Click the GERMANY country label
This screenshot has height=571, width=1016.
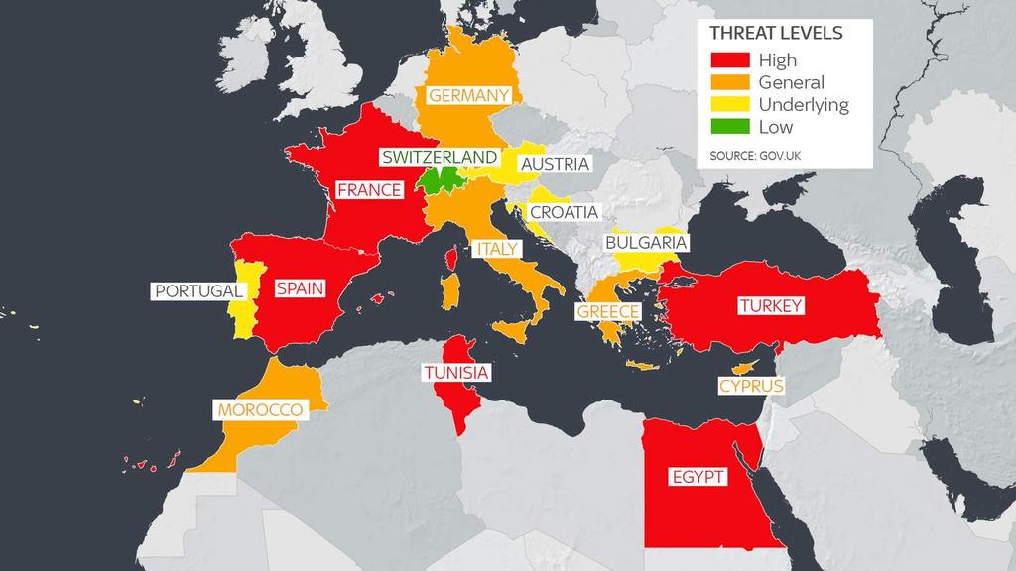click(x=469, y=95)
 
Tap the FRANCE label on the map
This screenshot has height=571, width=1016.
click(x=369, y=190)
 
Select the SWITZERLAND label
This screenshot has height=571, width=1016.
click(x=440, y=158)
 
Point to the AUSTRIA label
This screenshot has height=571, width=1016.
click(x=555, y=164)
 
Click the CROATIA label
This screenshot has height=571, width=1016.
click(x=564, y=212)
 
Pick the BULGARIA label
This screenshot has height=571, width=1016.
click(x=646, y=243)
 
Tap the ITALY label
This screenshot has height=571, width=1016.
click(x=496, y=249)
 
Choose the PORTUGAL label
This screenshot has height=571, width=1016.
click(x=198, y=291)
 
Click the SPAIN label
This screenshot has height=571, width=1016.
click(x=300, y=289)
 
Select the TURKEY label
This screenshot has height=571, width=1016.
click(x=770, y=306)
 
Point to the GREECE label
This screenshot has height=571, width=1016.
click(x=608, y=311)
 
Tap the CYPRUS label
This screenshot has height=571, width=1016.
click(x=751, y=385)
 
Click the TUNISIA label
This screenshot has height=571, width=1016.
click(x=455, y=373)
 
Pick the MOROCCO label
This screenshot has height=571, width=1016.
click(x=260, y=409)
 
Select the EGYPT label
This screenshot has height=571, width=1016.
click(x=698, y=478)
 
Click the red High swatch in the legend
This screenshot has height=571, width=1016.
click(x=729, y=60)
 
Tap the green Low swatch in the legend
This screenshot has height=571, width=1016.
click(x=729, y=127)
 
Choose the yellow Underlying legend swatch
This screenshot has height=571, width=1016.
click(x=729, y=105)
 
